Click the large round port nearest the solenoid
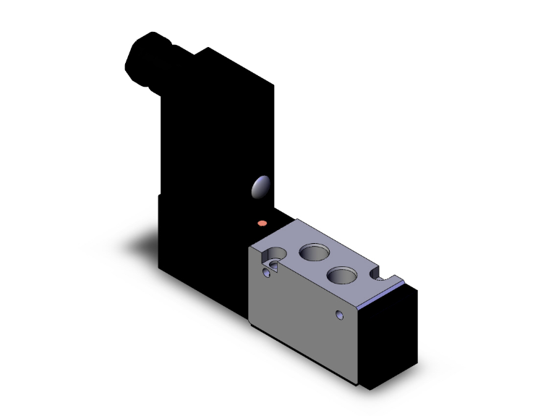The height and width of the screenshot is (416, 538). [313, 253]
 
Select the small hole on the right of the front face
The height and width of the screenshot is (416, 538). [341, 314]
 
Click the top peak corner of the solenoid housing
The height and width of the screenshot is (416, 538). [209, 48]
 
